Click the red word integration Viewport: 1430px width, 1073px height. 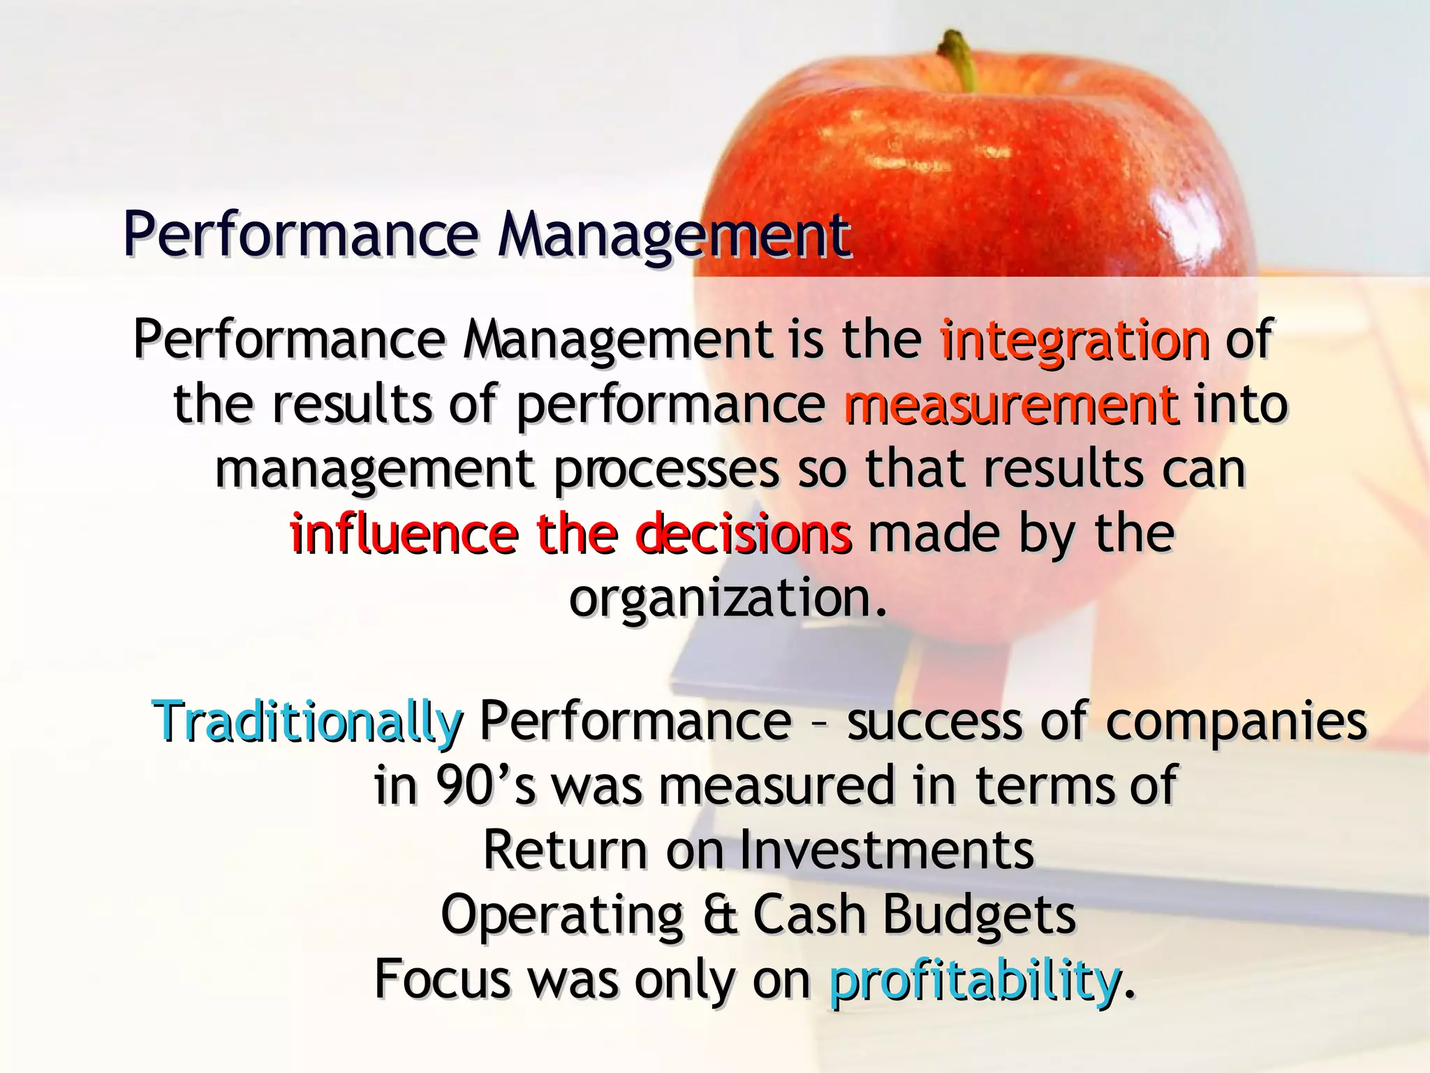(1074, 340)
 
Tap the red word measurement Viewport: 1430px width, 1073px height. (1011, 406)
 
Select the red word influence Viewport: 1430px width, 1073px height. (404, 534)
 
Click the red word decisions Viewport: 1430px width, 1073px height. (743, 534)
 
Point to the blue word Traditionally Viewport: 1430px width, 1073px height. (307, 721)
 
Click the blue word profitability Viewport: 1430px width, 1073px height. (975, 979)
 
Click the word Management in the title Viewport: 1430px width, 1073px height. (674, 234)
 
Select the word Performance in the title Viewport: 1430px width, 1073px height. (300, 234)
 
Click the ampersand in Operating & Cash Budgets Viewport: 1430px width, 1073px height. (720, 915)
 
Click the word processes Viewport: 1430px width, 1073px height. (666, 470)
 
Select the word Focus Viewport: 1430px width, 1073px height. (442, 979)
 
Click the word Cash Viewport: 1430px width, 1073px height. (809, 915)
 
